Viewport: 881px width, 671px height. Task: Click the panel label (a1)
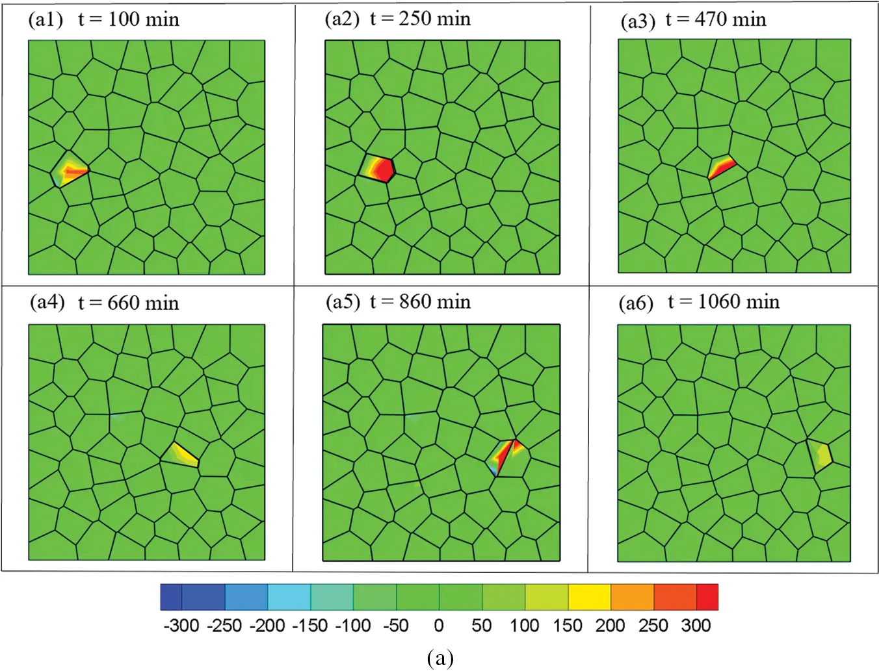click(46, 19)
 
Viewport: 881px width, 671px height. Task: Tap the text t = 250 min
click(421, 19)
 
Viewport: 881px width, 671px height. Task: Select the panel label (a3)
click(638, 21)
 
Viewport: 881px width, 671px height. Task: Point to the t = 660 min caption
click(129, 303)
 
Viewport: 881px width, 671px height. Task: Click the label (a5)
click(343, 302)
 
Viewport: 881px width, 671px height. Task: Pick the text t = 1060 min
click(724, 302)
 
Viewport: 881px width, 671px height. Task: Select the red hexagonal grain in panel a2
click(381, 170)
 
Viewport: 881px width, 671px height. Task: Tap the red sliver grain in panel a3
click(721, 168)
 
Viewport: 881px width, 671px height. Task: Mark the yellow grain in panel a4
click(184, 454)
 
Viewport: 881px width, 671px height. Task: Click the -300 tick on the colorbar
click(181, 626)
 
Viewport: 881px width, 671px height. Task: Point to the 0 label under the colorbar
click(439, 626)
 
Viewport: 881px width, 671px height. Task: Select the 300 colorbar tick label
click(696, 626)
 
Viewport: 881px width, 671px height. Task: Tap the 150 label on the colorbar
click(567, 626)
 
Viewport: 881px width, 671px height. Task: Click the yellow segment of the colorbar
click(589, 597)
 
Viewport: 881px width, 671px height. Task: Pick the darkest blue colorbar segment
click(171, 597)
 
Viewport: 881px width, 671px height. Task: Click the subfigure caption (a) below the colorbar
click(440, 658)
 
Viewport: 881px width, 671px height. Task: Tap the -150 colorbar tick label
click(309, 626)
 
